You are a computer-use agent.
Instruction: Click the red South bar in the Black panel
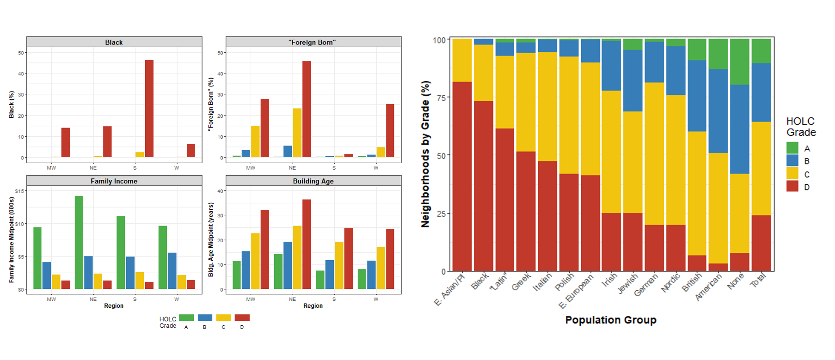tap(149, 109)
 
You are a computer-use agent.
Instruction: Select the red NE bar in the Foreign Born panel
tap(307, 109)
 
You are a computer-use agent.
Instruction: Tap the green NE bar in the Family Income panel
tap(79, 243)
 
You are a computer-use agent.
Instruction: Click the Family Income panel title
tap(114, 181)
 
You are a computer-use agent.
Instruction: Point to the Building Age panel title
tap(313, 181)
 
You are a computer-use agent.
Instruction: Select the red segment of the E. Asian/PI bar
tap(462, 176)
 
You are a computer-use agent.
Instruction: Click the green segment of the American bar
tap(718, 54)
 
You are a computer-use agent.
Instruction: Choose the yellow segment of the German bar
tap(654, 153)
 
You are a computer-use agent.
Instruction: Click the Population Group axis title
tap(610, 320)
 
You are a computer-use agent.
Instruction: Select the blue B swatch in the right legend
tap(792, 161)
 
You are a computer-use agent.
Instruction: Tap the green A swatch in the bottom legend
tap(186, 317)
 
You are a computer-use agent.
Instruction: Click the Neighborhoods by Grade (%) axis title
tap(425, 154)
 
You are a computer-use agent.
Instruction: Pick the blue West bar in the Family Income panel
tap(172, 271)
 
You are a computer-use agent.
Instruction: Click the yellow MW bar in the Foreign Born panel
tap(255, 141)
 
